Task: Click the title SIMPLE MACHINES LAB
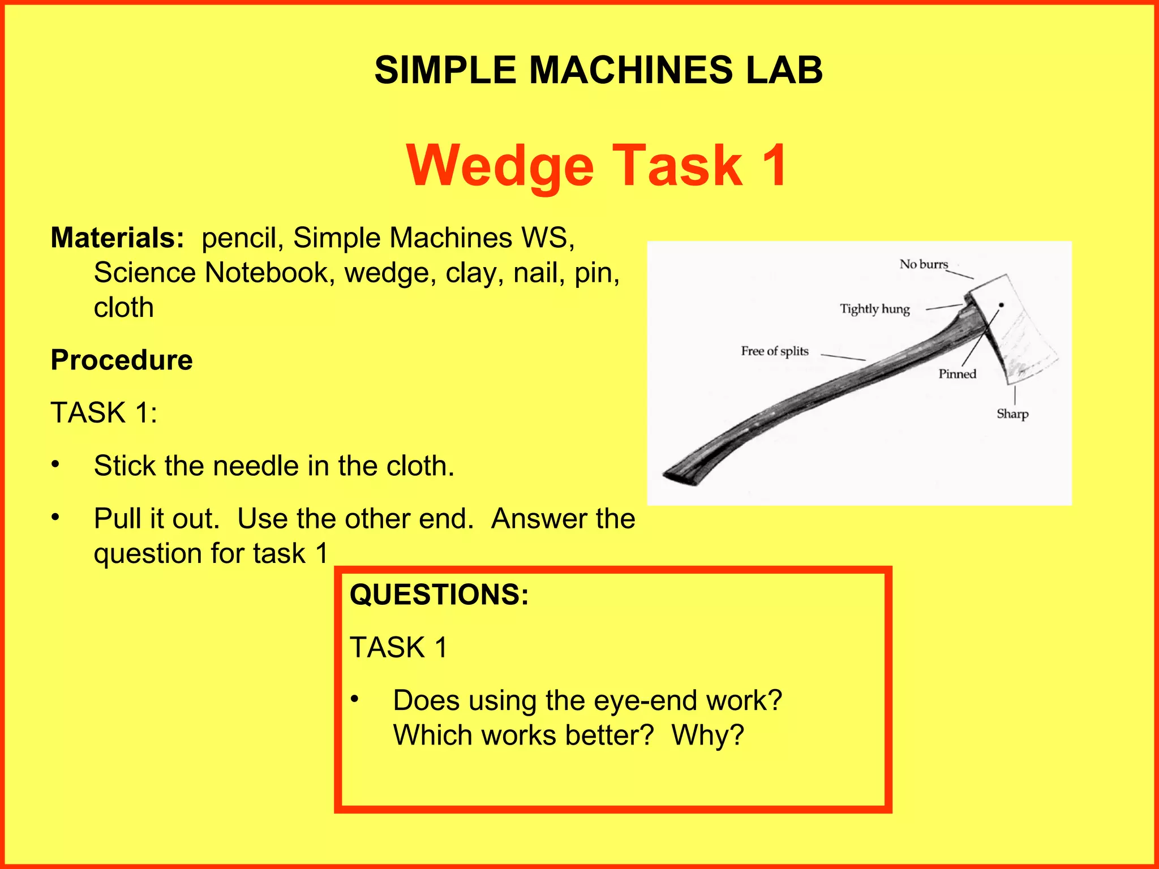click(598, 70)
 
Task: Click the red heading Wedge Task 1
click(596, 165)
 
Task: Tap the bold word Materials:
click(117, 238)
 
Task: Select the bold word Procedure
click(122, 360)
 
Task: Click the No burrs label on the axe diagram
click(924, 264)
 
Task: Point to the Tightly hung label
click(874, 309)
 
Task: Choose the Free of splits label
click(775, 351)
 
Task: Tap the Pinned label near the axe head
click(957, 374)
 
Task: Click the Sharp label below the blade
click(1012, 414)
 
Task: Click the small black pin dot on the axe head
click(1001, 306)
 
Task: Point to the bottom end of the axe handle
click(682, 473)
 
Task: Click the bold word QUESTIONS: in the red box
click(439, 595)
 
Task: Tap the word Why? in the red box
click(707, 735)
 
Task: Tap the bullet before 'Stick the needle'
click(55, 465)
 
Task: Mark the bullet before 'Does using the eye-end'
click(354, 699)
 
